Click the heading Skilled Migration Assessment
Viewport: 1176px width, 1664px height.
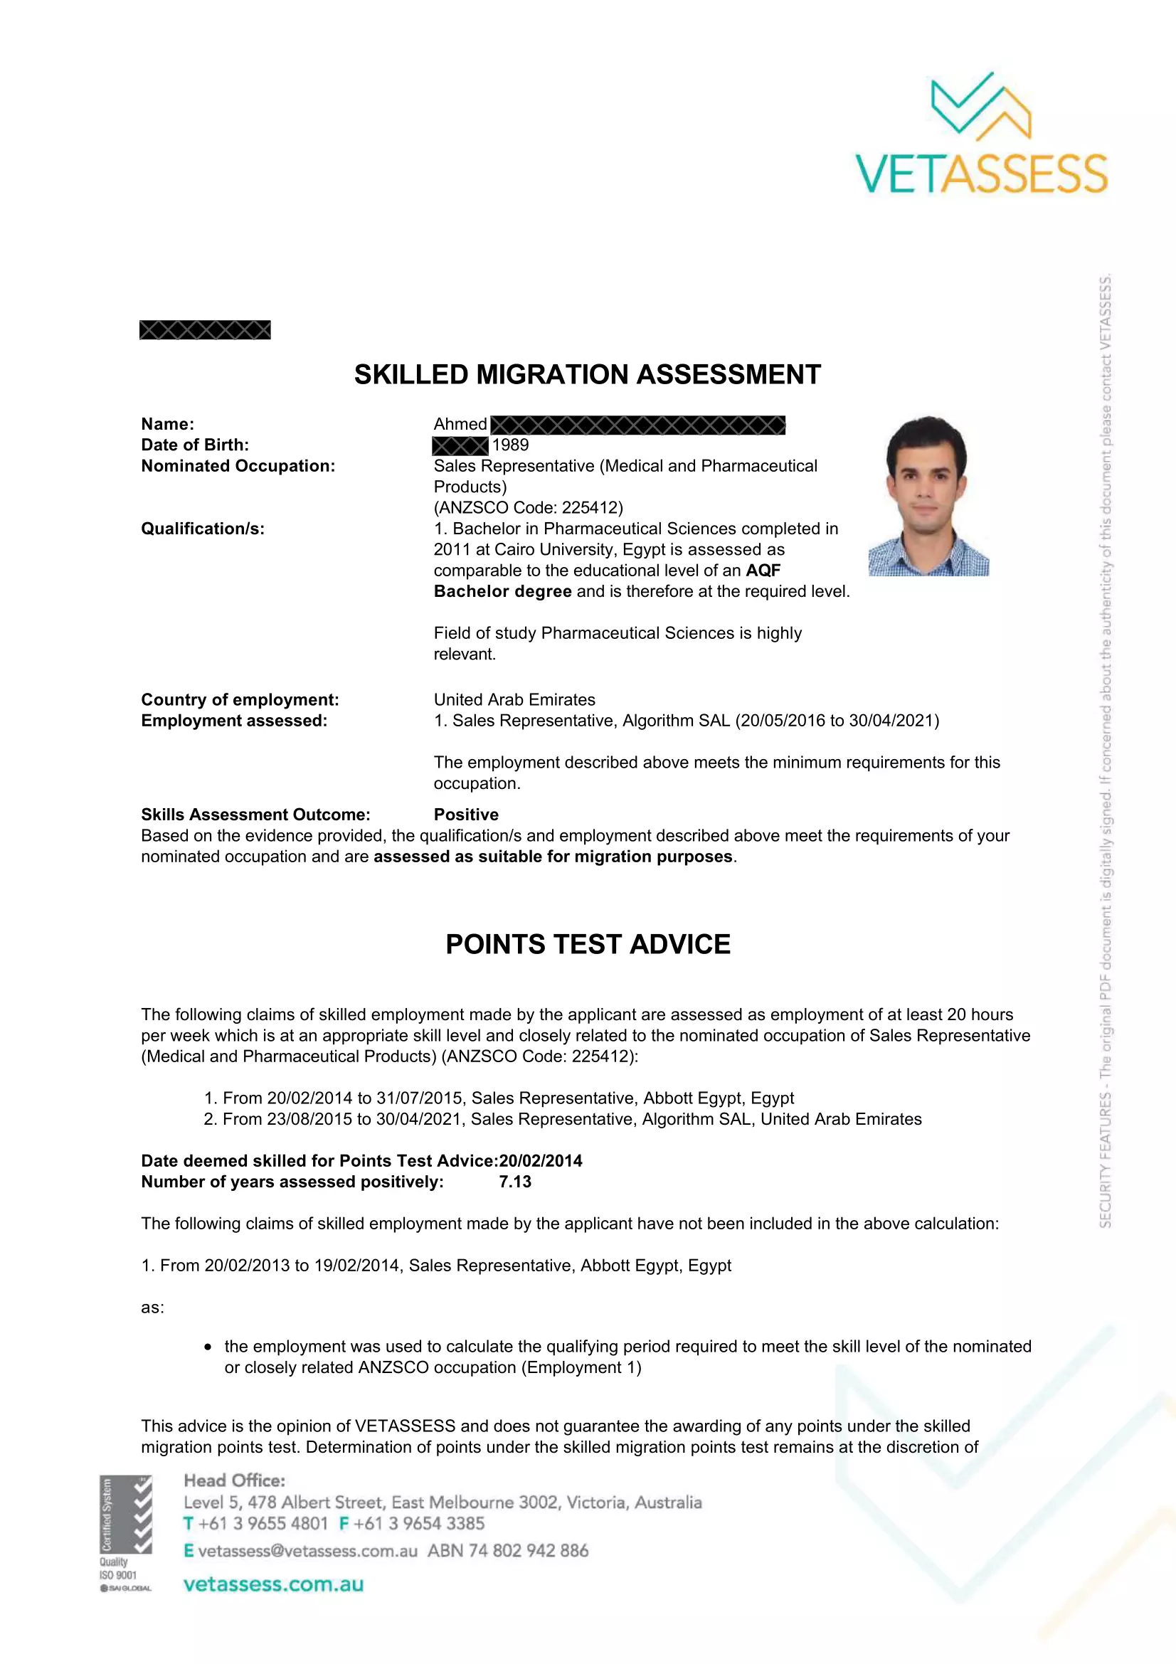coord(587,375)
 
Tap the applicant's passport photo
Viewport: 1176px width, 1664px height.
coord(928,496)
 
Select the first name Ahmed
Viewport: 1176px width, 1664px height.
coord(460,424)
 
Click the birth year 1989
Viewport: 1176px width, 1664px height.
coord(510,445)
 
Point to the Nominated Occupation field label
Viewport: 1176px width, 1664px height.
coord(238,466)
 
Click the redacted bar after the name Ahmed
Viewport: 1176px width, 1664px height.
coord(637,425)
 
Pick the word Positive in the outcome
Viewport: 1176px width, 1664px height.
coord(466,815)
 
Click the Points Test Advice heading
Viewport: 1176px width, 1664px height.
coord(588,944)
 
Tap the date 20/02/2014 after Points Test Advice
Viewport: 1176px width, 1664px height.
coord(541,1161)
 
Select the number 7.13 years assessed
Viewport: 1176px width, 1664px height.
coord(515,1182)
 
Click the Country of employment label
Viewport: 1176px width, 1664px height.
coord(240,699)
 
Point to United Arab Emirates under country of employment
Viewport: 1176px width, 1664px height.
coord(514,699)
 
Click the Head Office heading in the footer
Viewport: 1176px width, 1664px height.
coord(234,1480)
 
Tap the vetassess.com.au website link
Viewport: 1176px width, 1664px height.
coord(273,1584)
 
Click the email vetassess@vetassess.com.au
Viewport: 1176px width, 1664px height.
coord(307,1551)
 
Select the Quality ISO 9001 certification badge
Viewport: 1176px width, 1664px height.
coord(125,1534)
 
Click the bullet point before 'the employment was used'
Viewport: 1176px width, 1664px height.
coord(208,1347)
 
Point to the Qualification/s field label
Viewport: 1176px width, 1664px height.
coord(203,529)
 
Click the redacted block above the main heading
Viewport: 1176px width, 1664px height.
coord(205,330)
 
